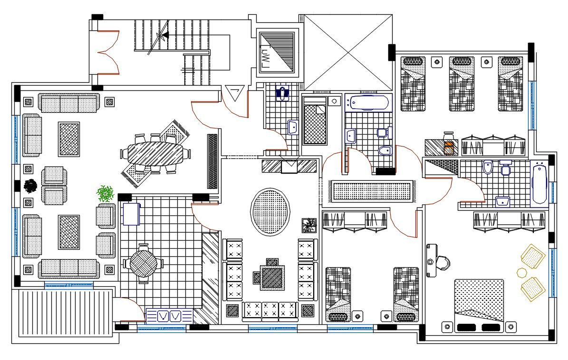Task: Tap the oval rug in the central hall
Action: (270, 212)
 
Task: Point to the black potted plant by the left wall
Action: (31, 186)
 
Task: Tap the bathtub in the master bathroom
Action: (539, 184)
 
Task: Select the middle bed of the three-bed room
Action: (462, 84)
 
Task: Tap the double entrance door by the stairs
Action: (108, 53)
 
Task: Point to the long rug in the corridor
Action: (373, 191)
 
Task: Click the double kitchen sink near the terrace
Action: (170, 315)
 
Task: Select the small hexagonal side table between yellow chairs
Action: (521, 272)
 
